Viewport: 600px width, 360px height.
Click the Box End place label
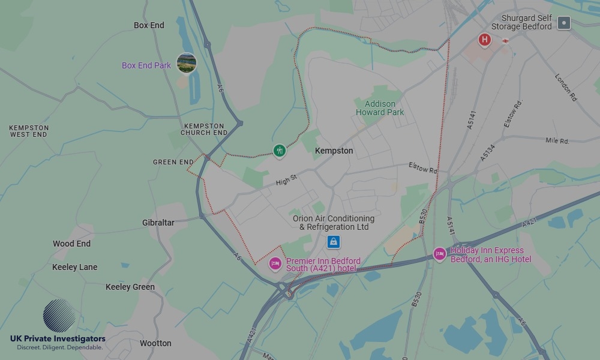click(x=149, y=25)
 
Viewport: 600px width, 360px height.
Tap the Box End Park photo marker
click(x=187, y=63)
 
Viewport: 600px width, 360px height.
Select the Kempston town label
click(x=334, y=151)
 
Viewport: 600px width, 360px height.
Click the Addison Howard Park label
click(x=380, y=108)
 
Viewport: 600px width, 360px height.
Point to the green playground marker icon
click(x=279, y=150)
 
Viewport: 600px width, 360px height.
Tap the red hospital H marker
click(x=484, y=40)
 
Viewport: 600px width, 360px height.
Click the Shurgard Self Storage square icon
click(x=563, y=23)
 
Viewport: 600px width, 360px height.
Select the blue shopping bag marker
click(x=334, y=242)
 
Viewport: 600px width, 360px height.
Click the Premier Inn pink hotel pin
click(x=275, y=263)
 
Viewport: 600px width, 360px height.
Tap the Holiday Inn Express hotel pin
click(x=439, y=254)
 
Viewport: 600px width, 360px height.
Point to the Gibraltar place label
click(x=158, y=223)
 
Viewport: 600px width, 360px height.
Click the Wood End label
click(x=71, y=244)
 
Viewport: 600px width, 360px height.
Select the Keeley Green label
click(x=130, y=287)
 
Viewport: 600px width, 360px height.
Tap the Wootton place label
click(x=155, y=343)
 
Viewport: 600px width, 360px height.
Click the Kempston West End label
click(x=29, y=131)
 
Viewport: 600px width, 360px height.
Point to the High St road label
click(x=287, y=180)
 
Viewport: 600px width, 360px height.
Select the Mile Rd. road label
click(x=557, y=141)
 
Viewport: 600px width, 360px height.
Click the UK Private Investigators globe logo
click(x=59, y=316)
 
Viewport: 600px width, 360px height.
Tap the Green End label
click(x=173, y=162)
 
